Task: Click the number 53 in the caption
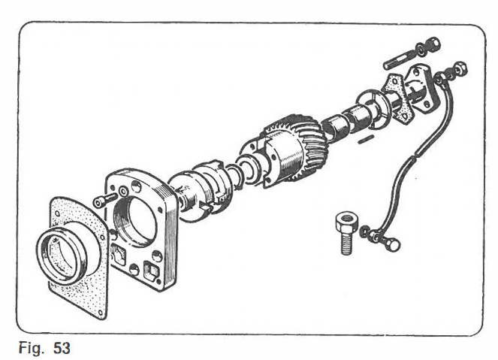click(x=62, y=348)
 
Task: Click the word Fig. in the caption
click(x=31, y=349)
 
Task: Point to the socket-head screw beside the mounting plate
click(x=105, y=199)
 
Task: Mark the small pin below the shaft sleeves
click(x=366, y=139)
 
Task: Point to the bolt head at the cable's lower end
click(x=393, y=246)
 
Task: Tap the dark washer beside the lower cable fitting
click(x=364, y=231)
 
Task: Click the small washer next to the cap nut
click(x=421, y=50)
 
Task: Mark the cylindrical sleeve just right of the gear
click(x=336, y=129)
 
